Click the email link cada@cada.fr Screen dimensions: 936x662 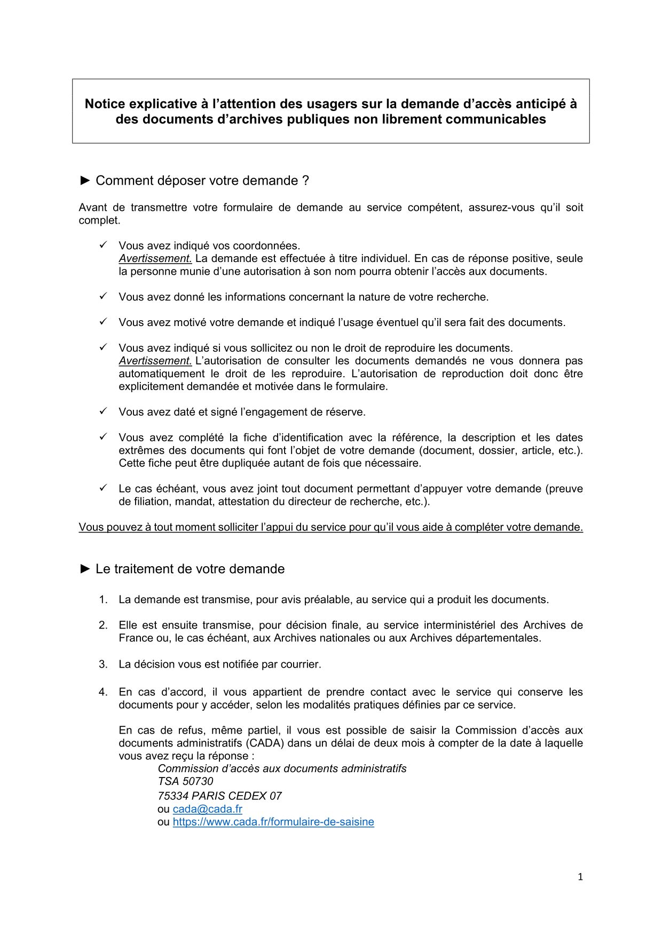207,809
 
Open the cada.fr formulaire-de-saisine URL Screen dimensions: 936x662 273,822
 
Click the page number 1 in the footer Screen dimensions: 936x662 580,877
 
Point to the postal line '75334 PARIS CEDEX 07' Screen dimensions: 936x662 219,796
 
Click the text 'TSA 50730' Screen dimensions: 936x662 185,781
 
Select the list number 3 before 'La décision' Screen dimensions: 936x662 103,664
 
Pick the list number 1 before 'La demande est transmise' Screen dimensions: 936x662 103,600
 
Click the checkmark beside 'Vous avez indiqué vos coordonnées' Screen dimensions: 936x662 104,245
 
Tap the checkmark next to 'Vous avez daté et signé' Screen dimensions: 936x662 104,411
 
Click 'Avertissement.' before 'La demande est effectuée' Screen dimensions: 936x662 155,259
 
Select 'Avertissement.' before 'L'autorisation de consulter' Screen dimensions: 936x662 155,361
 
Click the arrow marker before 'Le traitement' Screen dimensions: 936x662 85,569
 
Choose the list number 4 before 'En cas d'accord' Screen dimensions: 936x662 103,692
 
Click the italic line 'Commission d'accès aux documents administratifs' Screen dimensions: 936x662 282,769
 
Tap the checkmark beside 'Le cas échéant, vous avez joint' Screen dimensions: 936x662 104,488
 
